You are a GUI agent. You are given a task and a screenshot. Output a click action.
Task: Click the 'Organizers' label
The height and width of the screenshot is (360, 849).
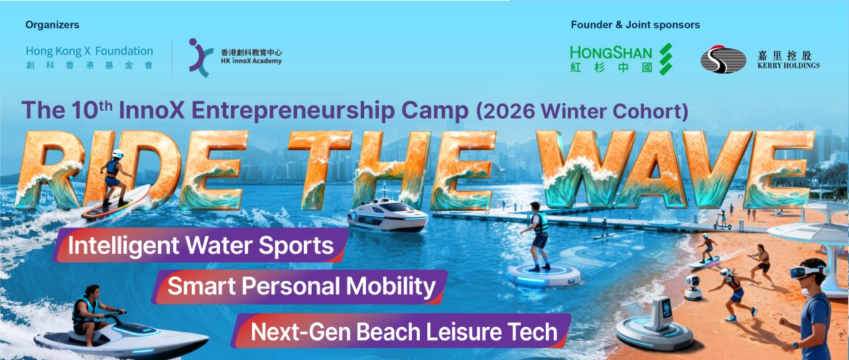[x=52, y=25]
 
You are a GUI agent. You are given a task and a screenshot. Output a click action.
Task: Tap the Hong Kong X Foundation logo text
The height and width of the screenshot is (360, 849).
[x=90, y=57]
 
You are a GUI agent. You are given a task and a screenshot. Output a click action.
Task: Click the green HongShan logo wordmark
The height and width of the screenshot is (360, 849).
[x=611, y=59]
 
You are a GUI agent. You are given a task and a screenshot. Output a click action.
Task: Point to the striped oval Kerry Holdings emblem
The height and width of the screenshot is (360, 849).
[x=723, y=59]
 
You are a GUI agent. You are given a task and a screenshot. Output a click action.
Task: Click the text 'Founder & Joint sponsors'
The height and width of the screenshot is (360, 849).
[x=635, y=25]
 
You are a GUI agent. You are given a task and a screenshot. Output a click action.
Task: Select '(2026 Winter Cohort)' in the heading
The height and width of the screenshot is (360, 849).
[x=582, y=111]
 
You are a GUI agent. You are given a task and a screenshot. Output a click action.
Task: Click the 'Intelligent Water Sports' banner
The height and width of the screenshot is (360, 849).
[x=201, y=245]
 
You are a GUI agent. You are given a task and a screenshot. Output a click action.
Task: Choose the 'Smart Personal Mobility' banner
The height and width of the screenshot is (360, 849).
[x=300, y=286]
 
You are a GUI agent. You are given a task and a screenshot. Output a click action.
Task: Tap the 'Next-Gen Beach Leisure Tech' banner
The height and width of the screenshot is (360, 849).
[x=402, y=331]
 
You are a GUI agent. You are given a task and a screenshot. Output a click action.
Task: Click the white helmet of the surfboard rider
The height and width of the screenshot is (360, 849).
[x=118, y=154]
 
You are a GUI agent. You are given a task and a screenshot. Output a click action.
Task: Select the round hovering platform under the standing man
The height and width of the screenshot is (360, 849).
[x=544, y=275]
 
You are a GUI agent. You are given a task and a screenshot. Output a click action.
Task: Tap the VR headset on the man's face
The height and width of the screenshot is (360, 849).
[x=807, y=272]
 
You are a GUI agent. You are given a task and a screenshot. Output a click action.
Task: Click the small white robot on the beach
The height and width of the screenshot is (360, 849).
[x=693, y=288]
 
